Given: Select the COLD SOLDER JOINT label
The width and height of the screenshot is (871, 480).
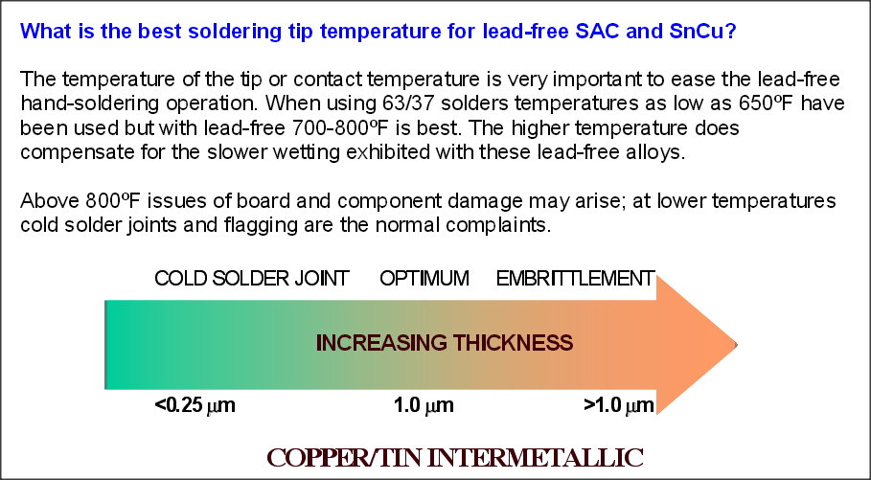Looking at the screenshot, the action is [252, 278].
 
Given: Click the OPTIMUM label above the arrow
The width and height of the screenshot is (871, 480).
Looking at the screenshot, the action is [424, 278].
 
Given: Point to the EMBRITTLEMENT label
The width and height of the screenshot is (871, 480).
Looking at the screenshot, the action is [576, 278].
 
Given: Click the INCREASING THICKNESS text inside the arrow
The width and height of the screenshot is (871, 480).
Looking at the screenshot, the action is [445, 343].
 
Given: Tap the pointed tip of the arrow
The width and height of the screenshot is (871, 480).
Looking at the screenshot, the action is [737, 345].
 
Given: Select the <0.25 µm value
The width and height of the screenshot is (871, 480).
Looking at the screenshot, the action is [195, 405].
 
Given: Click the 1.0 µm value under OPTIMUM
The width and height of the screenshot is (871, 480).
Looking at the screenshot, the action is [424, 405].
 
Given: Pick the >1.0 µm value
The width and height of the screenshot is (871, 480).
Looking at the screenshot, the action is [619, 405].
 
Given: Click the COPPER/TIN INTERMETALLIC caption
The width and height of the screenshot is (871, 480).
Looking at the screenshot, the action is [455, 458].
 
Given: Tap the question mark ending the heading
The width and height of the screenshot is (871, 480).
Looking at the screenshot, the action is [731, 31].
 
